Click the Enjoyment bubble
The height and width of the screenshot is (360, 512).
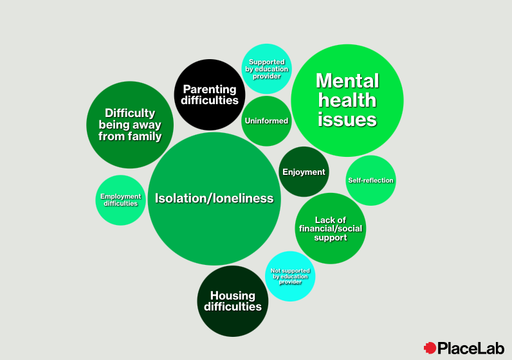point(304,172)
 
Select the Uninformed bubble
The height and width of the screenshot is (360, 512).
point(266,121)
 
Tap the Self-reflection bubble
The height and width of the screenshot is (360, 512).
point(370,181)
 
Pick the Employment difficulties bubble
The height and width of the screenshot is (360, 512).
point(120,200)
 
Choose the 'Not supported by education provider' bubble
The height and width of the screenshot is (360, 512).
point(290,276)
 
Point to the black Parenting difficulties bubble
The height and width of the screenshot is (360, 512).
point(210,94)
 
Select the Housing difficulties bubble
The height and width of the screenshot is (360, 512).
point(232,301)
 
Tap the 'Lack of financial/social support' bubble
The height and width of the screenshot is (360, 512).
point(330,228)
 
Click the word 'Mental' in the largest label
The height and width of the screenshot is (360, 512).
point(347,81)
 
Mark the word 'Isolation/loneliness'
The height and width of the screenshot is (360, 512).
point(214,199)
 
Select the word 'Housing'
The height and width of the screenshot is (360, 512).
point(233,296)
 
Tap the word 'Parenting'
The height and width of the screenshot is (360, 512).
point(210,89)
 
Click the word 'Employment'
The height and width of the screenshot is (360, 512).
point(120,196)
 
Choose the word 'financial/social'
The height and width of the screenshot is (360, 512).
point(330,228)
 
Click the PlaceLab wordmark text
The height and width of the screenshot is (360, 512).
point(471,348)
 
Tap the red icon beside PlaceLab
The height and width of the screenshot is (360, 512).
point(430,348)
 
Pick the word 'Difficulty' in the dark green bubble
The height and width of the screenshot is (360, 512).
point(130,113)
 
